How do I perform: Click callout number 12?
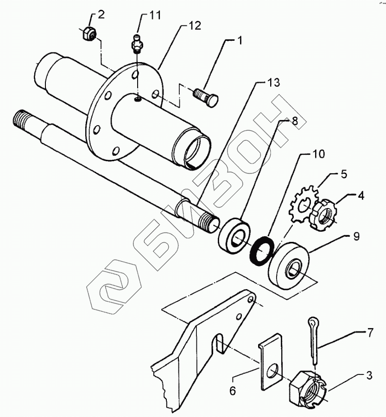[195, 26]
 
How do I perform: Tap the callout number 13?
[274, 83]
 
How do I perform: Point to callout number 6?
[233, 391]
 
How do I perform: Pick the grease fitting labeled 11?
[137, 43]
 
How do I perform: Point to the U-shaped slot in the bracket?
[219, 347]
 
